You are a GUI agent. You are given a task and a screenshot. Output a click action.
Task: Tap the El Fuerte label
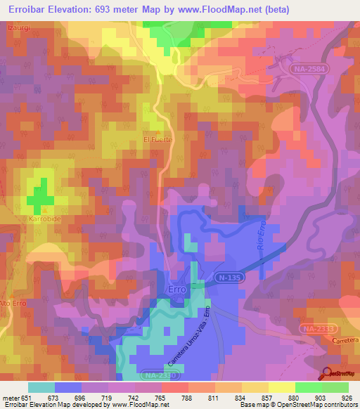tap(157, 140)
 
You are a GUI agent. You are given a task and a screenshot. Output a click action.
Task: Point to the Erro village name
tap(177, 289)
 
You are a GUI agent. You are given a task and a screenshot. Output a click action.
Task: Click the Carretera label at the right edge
tap(344, 340)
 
